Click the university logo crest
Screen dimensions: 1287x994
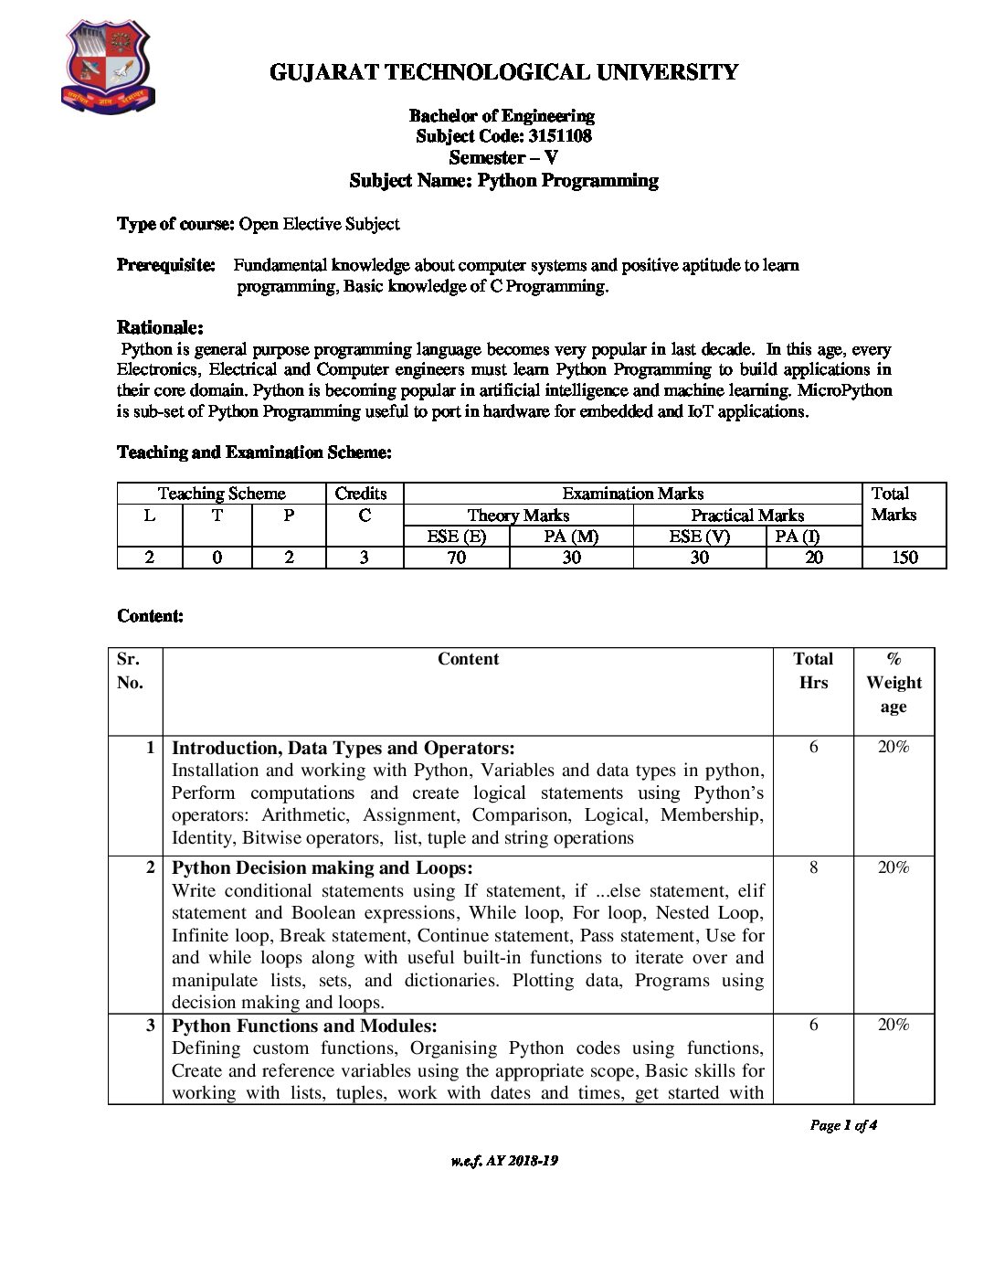pyautogui.click(x=108, y=69)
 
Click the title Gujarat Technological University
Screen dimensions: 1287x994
pyautogui.click(x=503, y=72)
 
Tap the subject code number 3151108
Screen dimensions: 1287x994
pyautogui.click(x=560, y=136)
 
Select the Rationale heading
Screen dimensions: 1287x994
pyautogui.click(x=160, y=327)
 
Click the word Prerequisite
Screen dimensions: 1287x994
pyautogui.click(x=165, y=265)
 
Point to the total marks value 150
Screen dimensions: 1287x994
pyautogui.click(x=904, y=558)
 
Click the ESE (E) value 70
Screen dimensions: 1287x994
pyautogui.click(x=456, y=558)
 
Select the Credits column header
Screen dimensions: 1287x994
pyautogui.click(x=361, y=494)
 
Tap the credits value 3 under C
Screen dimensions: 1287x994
pyautogui.click(x=364, y=558)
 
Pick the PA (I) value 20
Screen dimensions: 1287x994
pyautogui.click(x=813, y=558)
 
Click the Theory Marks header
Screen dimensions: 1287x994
pyautogui.click(x=518, y=516)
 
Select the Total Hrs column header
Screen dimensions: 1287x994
pyautogui.click(x=813, y=670)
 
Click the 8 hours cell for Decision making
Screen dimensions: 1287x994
pyautogui.click(x=813, y=867)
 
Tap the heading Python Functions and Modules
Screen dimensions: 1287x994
pyautogui.click(x=304, y=1026)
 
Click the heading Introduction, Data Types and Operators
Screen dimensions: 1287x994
pyautogui.click(x=343, y=748)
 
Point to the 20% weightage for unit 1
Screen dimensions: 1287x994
pyautogui.click(x=894, y=747)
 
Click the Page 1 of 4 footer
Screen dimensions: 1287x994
pyautogui.click(x=843, y=1125)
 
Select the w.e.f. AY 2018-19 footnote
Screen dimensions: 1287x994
pyautogui.click(x=504, y=1161)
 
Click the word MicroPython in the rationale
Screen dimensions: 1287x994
pyautogui.click(x=844, y=390)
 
